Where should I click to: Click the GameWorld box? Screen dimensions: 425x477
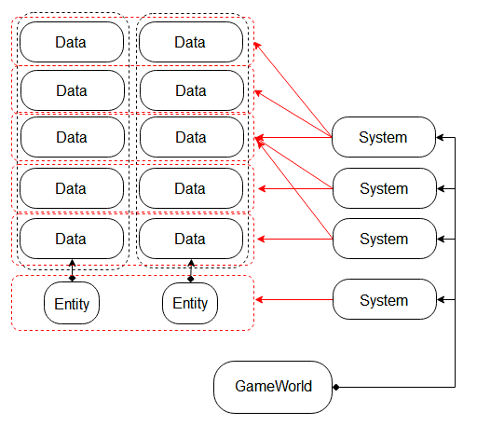coord(273,387)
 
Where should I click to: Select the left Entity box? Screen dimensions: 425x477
coord(72,304)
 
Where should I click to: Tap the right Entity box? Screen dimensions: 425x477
coord(190,304)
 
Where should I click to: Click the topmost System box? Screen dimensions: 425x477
coord(384,138)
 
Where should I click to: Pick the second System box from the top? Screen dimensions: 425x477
coord(384,188)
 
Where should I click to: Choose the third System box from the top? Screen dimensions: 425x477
coord(384,239)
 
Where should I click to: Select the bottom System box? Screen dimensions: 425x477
coord(384,300)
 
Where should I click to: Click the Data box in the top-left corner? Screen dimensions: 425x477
coord(72,42)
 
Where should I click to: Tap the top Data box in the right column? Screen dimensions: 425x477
coord(190,42)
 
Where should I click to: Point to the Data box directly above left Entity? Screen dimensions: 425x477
coord(72,239)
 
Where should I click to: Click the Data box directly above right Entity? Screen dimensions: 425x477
coord(190,239)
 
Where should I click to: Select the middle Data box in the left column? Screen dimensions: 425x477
coord(72,138)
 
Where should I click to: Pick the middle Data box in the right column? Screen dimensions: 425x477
coord(190,138)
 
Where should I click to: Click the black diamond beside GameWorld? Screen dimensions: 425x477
coord(337,387)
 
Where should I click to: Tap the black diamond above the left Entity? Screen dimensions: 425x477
coord(72,278)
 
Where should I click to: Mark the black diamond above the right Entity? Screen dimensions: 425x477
coord(190,278)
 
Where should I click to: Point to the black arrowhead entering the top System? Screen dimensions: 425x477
coord(442,138)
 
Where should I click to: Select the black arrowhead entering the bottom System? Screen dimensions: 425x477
coord(442,300)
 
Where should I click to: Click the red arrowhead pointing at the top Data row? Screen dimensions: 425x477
coord(258,44)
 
